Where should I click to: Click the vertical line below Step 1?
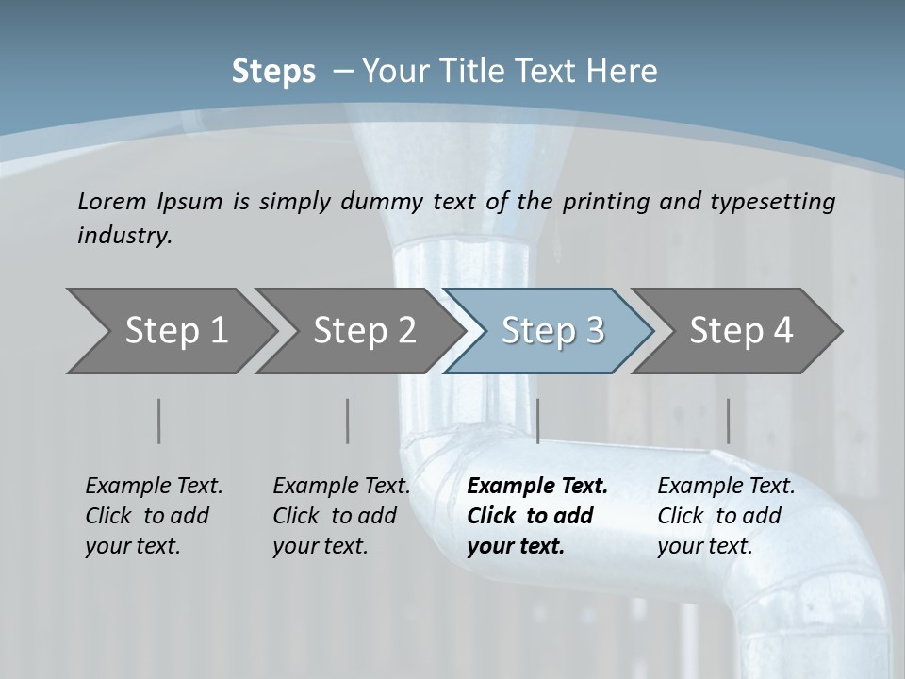click(159, 421)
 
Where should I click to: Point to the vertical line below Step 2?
click(348, 421)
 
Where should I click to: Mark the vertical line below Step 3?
click(537, 421)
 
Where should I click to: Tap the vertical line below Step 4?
click(728, 421)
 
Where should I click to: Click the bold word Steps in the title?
click(273, 72)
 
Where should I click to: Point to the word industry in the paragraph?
click(124, 236)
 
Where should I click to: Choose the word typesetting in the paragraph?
click(772, 201)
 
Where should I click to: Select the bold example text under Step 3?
click(536, 516)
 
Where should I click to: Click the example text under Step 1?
click(154, 516)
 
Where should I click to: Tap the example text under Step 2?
click(341, 516)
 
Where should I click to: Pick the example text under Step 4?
click(726, 516)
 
